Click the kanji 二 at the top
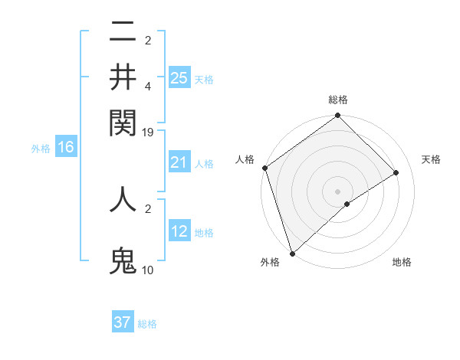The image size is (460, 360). point(123,32)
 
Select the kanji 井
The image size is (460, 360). point(123,77)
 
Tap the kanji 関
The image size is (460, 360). point(123,121)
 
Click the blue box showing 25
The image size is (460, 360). point(179,77)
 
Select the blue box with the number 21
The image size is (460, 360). point(179,162)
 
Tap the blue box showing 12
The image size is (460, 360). point(179,231)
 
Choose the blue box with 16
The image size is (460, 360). point(66,148)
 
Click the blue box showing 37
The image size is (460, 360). point(123,322)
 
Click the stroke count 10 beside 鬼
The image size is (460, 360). point(148,270)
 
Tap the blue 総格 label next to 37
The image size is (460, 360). point(147,324)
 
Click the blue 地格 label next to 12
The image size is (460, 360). point(204,233)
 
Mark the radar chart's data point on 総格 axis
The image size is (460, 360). point(337,116)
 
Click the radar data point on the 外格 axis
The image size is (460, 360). point(292,252)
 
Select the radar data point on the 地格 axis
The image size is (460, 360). point(347,204)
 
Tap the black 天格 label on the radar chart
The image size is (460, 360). point(431,159)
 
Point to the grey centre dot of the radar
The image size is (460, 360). point(337,191)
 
